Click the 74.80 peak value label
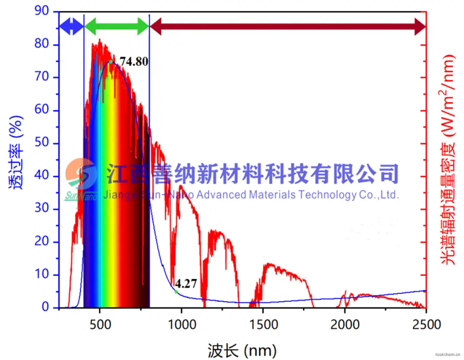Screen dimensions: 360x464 134,62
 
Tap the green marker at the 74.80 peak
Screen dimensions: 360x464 110,62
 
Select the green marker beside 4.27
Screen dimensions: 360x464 176,292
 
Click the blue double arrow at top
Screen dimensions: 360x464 71,27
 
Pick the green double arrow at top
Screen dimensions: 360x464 117,26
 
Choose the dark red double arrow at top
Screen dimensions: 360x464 287,27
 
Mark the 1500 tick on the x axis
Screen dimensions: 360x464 263,325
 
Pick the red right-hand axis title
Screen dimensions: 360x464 448,159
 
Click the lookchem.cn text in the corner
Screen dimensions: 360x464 448,355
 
